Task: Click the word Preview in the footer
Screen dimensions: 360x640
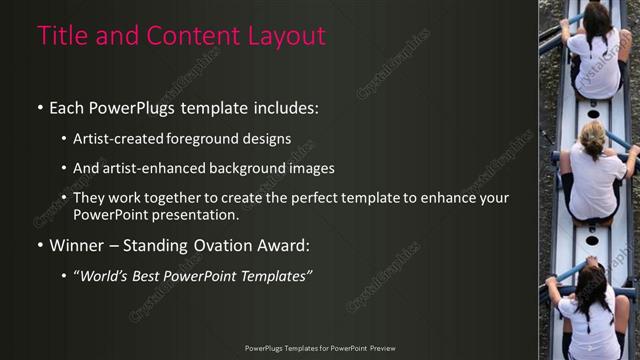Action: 382,348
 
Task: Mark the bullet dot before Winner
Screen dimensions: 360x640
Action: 40,245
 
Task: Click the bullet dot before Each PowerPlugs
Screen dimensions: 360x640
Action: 40,108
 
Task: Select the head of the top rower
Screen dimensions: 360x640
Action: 597,17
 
